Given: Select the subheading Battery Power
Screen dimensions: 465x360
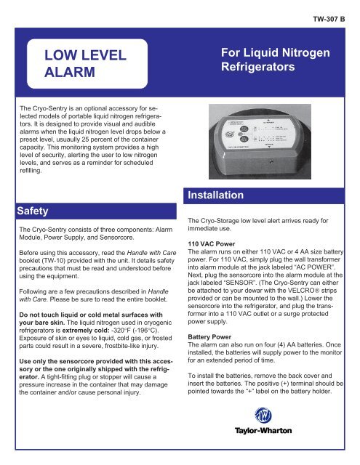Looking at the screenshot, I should click(214, 339).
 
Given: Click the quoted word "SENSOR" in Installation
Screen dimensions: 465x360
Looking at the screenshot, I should click(233, 306).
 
